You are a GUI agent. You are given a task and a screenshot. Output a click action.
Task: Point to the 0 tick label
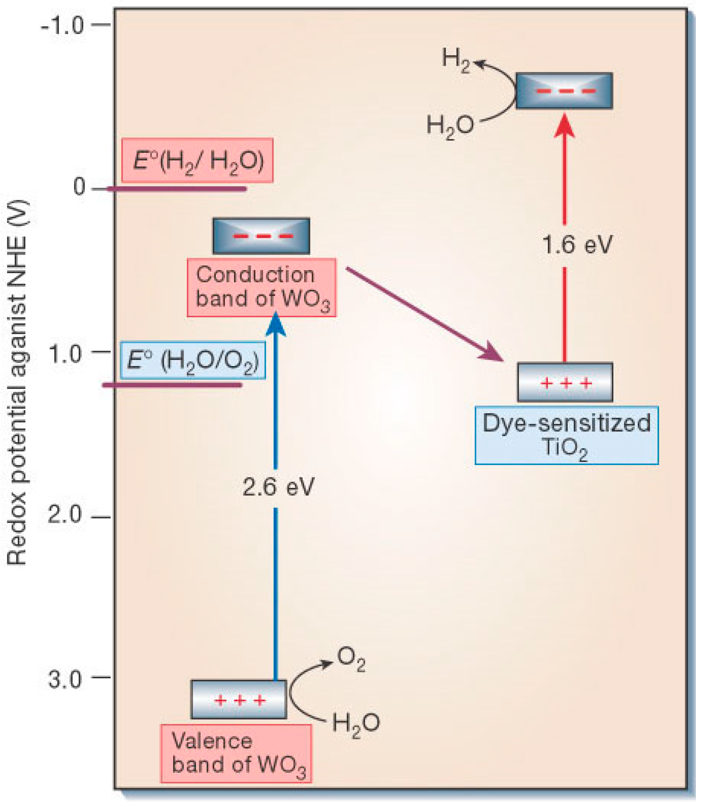pos(79,187)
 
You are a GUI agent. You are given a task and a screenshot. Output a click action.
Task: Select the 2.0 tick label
pos(65,515)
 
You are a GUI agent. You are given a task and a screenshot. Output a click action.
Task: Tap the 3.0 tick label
pos(65,679)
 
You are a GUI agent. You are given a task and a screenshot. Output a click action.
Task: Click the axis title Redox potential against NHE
pos(18,383)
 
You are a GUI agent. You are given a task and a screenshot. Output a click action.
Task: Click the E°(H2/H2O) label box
pos(197,161)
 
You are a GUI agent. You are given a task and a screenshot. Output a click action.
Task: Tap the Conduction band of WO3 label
pos(262,287)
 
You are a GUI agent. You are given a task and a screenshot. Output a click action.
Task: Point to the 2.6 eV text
pos(279,488)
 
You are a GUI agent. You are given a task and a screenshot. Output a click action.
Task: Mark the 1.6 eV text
pos(577,245)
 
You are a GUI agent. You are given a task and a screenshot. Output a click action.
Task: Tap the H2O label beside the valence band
pos(356,723)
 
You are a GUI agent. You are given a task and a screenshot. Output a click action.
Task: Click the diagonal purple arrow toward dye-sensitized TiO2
pos(424,314)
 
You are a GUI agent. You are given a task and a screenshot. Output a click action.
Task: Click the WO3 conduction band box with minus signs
pos(261,236)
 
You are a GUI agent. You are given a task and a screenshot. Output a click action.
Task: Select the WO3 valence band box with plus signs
pos(239,700)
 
